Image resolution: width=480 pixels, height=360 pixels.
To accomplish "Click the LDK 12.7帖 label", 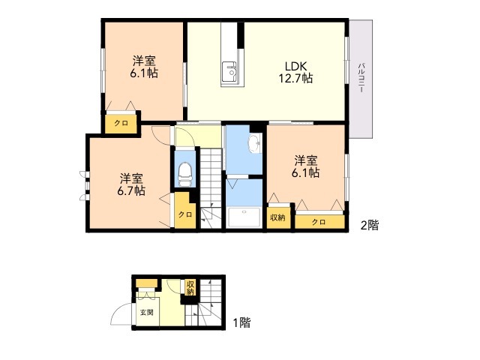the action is click(x=295, y=73).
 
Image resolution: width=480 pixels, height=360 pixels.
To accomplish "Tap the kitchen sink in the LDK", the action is click(x=229, y=72).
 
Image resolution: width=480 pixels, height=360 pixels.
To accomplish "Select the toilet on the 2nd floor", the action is click(x=185, y=174).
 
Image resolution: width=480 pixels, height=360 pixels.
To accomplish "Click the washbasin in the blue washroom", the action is click(x=255, y=143).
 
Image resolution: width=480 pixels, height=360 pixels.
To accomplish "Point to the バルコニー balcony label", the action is click(x=361, y=77).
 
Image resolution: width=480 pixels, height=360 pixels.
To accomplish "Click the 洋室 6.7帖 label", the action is click(x=131, y=184).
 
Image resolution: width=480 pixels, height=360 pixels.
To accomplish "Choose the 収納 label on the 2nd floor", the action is click(x=277, y=217).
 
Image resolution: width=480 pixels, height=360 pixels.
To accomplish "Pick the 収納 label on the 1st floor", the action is click(x=190, y=287).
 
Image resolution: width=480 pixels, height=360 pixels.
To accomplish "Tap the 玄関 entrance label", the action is click(x=147, y=313).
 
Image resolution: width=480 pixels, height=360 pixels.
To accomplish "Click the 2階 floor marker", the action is click(x=370, y=225).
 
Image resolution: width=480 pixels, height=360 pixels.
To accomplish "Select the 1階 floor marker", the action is click(x=241, y=322).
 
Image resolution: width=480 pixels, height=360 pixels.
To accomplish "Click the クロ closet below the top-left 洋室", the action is click(x=121, y=124).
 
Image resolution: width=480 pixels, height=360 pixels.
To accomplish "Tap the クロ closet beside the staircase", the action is click(x=185, y=214).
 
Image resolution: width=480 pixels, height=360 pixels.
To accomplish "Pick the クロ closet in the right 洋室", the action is click(x=320, y=222).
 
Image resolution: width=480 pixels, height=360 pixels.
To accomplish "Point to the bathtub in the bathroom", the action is click(x=244, y=217).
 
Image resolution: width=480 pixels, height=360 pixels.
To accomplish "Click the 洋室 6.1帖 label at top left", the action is click(x=144, y=67).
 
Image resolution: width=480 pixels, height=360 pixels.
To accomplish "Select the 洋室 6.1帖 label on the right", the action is click(x=305, y=166).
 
